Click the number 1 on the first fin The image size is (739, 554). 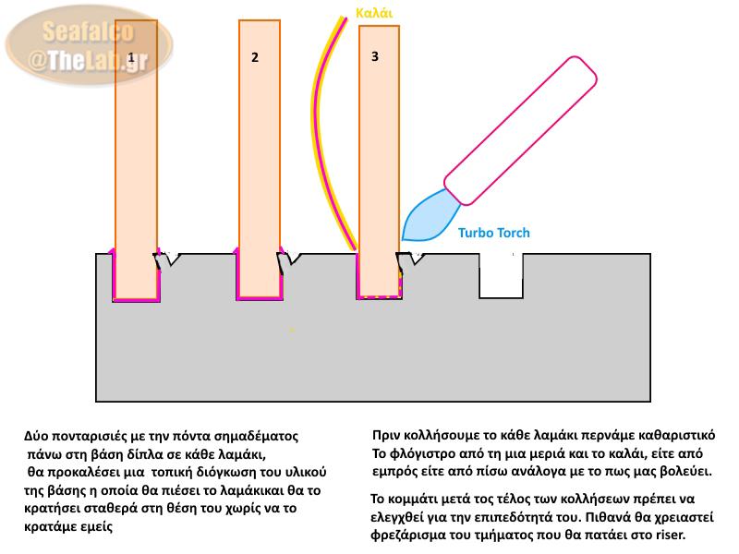(x=132, y=57)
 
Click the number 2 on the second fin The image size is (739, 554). (x=254, y=58)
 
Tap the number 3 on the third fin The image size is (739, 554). (x=374, y=56)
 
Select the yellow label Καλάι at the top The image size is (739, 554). (x=374, y=13)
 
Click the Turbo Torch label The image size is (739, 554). (x=494, y=233)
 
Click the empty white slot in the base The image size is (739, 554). (x=502, y=274)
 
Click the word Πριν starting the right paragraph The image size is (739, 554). (x=385, y=434)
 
